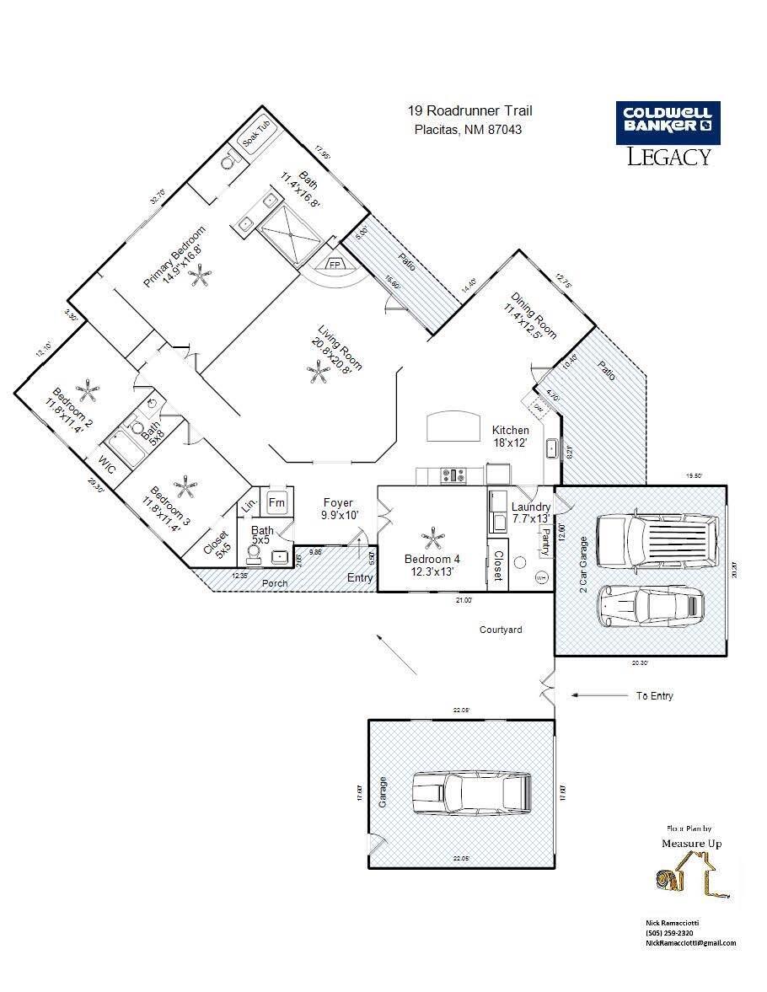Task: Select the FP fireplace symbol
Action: (x=334, y=264)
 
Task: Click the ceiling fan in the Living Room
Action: (x=319, y=371)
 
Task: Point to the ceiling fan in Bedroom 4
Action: (x=432, y=538)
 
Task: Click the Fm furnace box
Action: (x=277, y=502)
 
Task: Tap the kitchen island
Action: (x=453, y=426)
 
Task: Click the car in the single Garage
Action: (x=472, y=792)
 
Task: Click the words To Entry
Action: (x=654, y=696)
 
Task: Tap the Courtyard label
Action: (x=501, y=630)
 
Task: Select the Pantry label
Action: (x=546, y=538)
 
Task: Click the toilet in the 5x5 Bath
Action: (x=252, y=553)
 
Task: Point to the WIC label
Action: (x=105, y=463)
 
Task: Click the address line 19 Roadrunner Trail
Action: (x=469, y=111)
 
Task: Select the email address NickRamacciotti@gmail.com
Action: (x=690, y=943)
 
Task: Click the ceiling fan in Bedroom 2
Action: (x=87, y=390)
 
